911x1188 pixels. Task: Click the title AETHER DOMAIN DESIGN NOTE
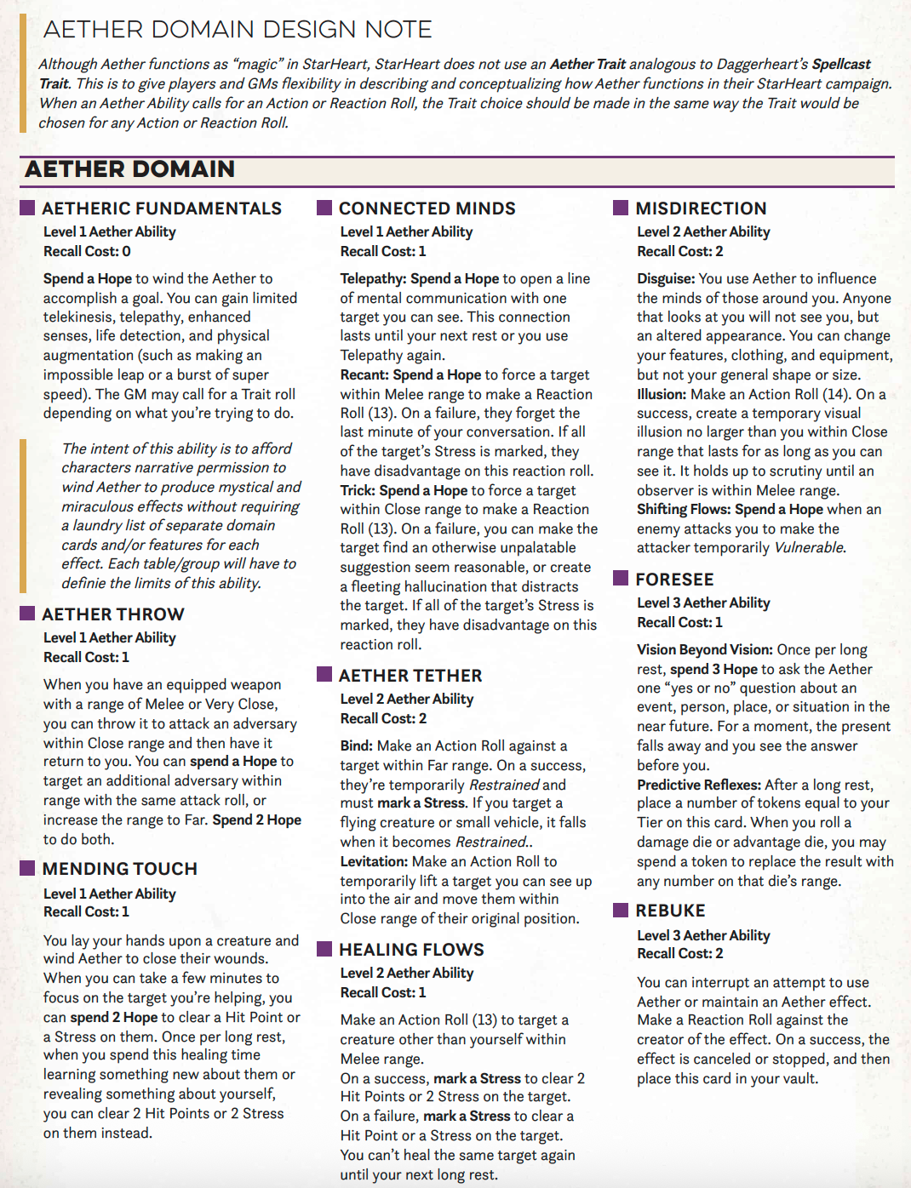[238, 30]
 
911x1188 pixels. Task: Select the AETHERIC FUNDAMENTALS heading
[162, 208]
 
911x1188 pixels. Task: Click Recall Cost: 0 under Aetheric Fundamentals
[87, 251]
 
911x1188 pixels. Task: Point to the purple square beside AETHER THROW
[27, 614]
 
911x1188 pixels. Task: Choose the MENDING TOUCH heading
[119, 869]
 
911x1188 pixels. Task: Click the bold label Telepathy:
[373, 278]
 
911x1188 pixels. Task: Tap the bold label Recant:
[364, 374]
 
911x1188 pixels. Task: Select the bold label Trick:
[358, 490]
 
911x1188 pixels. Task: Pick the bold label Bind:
[357, 745]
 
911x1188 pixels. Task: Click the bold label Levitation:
[374, 861]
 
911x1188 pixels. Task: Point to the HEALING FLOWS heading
[411, 950]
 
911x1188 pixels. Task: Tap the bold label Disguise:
[666, 278]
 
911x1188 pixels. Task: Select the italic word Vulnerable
[809, 547]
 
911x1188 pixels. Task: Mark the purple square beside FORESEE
[621, 579]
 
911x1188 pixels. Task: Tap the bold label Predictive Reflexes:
[699, 785]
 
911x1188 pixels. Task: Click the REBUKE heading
[670, 911]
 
